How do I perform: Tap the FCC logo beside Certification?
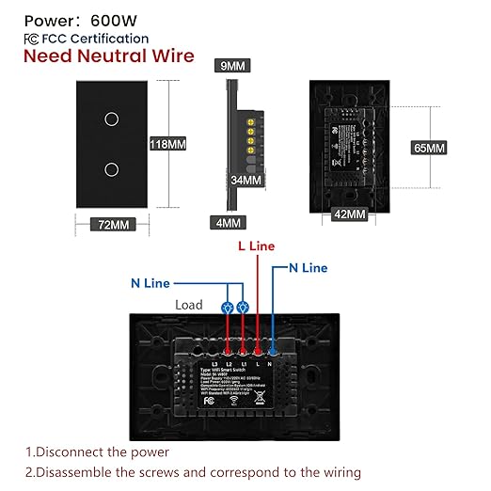tap(32, 39)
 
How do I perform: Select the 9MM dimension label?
tap(230, 67)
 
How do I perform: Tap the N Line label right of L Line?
tap(308, 268)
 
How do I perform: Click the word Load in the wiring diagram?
tap(188, 306)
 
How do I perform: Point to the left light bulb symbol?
tap(226, 307)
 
